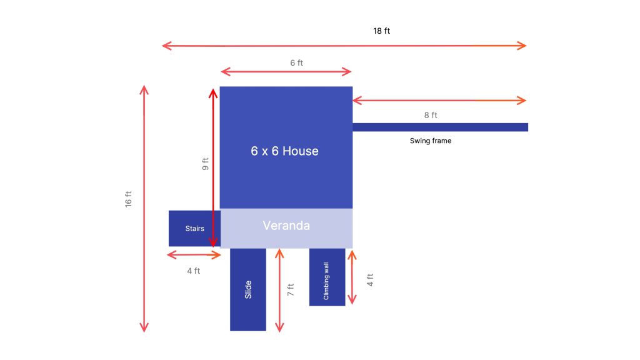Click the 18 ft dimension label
(381, 31)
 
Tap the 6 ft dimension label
(296, 63)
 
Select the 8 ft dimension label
(431, 115)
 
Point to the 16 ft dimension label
(129, 199)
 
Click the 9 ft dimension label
(205, 164)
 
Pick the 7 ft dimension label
(290, 290)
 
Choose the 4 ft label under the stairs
(194, 271)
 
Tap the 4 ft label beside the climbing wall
(370, 280)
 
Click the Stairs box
(195, 229)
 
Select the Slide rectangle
(248, 289)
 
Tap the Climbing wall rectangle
(327, 277)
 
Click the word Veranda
(286, 226)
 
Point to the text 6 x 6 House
(284, 151)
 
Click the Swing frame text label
(431, 141)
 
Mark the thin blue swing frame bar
(441, 127)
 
